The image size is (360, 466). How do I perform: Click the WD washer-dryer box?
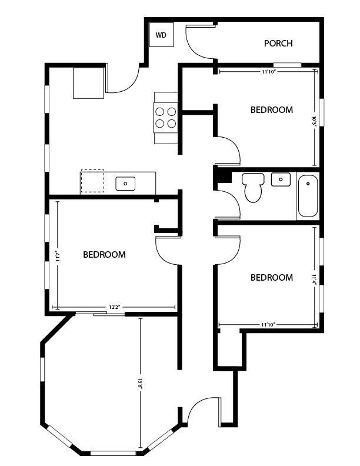[161, 36]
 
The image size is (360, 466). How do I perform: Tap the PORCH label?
[278, 43]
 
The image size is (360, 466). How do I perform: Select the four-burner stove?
[166, 116]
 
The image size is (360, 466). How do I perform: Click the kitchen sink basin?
[125, 183]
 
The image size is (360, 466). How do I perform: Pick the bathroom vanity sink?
[281, 179]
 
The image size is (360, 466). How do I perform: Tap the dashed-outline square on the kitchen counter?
[92, 181]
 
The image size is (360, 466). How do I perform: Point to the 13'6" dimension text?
[140, 382]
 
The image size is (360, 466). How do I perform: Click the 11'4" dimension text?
[315, 277]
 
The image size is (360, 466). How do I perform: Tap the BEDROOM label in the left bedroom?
[104, 255]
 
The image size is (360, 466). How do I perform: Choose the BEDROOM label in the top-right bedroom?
[271, 110]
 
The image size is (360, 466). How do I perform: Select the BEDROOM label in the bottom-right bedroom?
[271, 278]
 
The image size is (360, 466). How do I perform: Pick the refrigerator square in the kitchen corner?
[88, 83]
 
